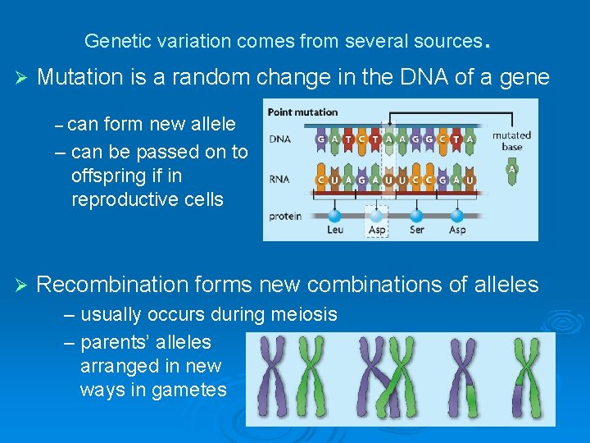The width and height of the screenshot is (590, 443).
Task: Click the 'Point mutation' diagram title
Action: click(302, 112)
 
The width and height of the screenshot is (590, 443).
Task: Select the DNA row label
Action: click(279, 139)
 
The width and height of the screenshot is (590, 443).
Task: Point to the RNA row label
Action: click(279, 179)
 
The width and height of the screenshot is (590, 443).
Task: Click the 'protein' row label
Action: click(285, 217)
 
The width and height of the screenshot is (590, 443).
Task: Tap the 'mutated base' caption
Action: click(511, 140)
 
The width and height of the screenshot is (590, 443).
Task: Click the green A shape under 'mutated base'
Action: click(512, 170)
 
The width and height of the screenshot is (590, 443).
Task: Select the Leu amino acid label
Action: click(335, 231)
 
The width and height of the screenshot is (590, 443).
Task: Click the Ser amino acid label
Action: click(416, 231)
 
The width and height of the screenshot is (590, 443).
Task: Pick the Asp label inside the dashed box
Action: click(377, 231)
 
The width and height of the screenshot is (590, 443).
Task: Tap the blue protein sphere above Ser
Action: click(416, 216)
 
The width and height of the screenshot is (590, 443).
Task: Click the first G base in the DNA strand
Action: click(321, 139)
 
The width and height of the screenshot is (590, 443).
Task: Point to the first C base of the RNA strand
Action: click(321, 179)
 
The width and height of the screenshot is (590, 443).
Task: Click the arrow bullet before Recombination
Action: click(22, 285)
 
